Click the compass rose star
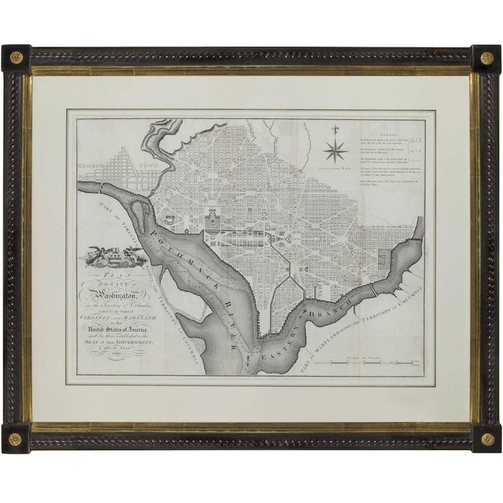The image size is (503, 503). click(335, 152)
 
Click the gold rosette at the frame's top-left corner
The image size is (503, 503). click(16, 58)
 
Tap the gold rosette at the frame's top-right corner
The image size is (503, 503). click(487, 58)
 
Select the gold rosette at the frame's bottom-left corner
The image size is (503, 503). click(16, 438)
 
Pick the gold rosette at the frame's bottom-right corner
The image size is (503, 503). click(487, 438)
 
